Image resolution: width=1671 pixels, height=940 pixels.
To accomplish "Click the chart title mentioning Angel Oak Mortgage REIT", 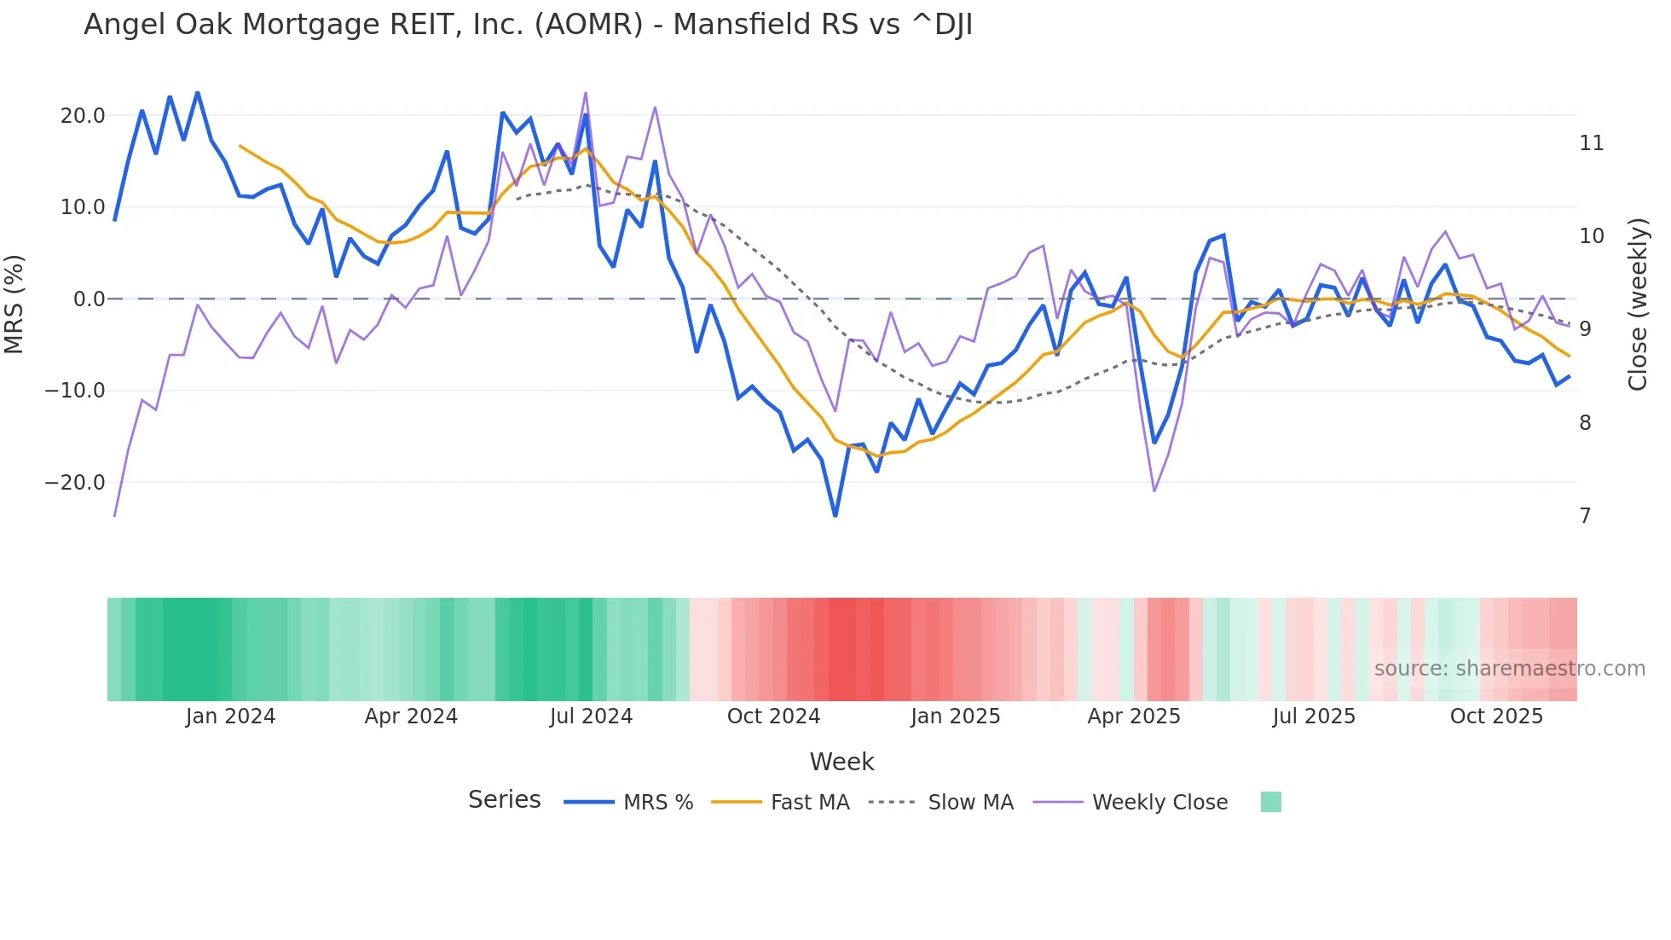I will click(528, 25).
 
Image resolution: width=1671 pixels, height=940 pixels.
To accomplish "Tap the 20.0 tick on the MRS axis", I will click(83, 116).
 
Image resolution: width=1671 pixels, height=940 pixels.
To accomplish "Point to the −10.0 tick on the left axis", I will click(75, 391).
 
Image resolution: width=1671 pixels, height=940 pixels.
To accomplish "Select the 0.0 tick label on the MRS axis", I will click(90, 299).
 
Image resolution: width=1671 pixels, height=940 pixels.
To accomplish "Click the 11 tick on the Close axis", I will click(1591, 143).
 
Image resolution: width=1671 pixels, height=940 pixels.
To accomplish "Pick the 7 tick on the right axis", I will click(1585, 516).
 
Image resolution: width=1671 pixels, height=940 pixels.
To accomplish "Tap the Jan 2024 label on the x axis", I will click(230, 717).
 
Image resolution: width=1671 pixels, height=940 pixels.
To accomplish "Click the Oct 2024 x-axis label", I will click(773, 717).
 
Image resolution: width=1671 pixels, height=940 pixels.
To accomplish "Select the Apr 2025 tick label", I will click(1134, 717).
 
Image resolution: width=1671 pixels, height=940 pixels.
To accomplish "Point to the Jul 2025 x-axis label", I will click(1314, 717).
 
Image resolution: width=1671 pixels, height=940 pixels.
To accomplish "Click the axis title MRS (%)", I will click(14, 304).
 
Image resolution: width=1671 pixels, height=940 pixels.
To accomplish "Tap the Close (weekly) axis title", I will click(1637, 305).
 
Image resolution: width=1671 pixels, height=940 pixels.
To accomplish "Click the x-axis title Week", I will click(841, 762).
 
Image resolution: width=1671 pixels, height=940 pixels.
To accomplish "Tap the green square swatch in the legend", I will click(1270, 802).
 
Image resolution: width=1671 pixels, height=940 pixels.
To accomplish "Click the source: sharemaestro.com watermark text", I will click(1509, 669).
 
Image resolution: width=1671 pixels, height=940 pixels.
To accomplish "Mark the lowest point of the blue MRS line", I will click(835, 516).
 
